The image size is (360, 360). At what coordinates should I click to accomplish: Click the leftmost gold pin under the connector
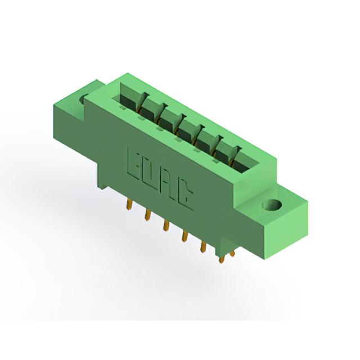[129, 205]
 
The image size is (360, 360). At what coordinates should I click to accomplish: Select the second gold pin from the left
[147, 215]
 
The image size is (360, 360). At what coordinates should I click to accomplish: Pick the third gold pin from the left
[165, 225]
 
